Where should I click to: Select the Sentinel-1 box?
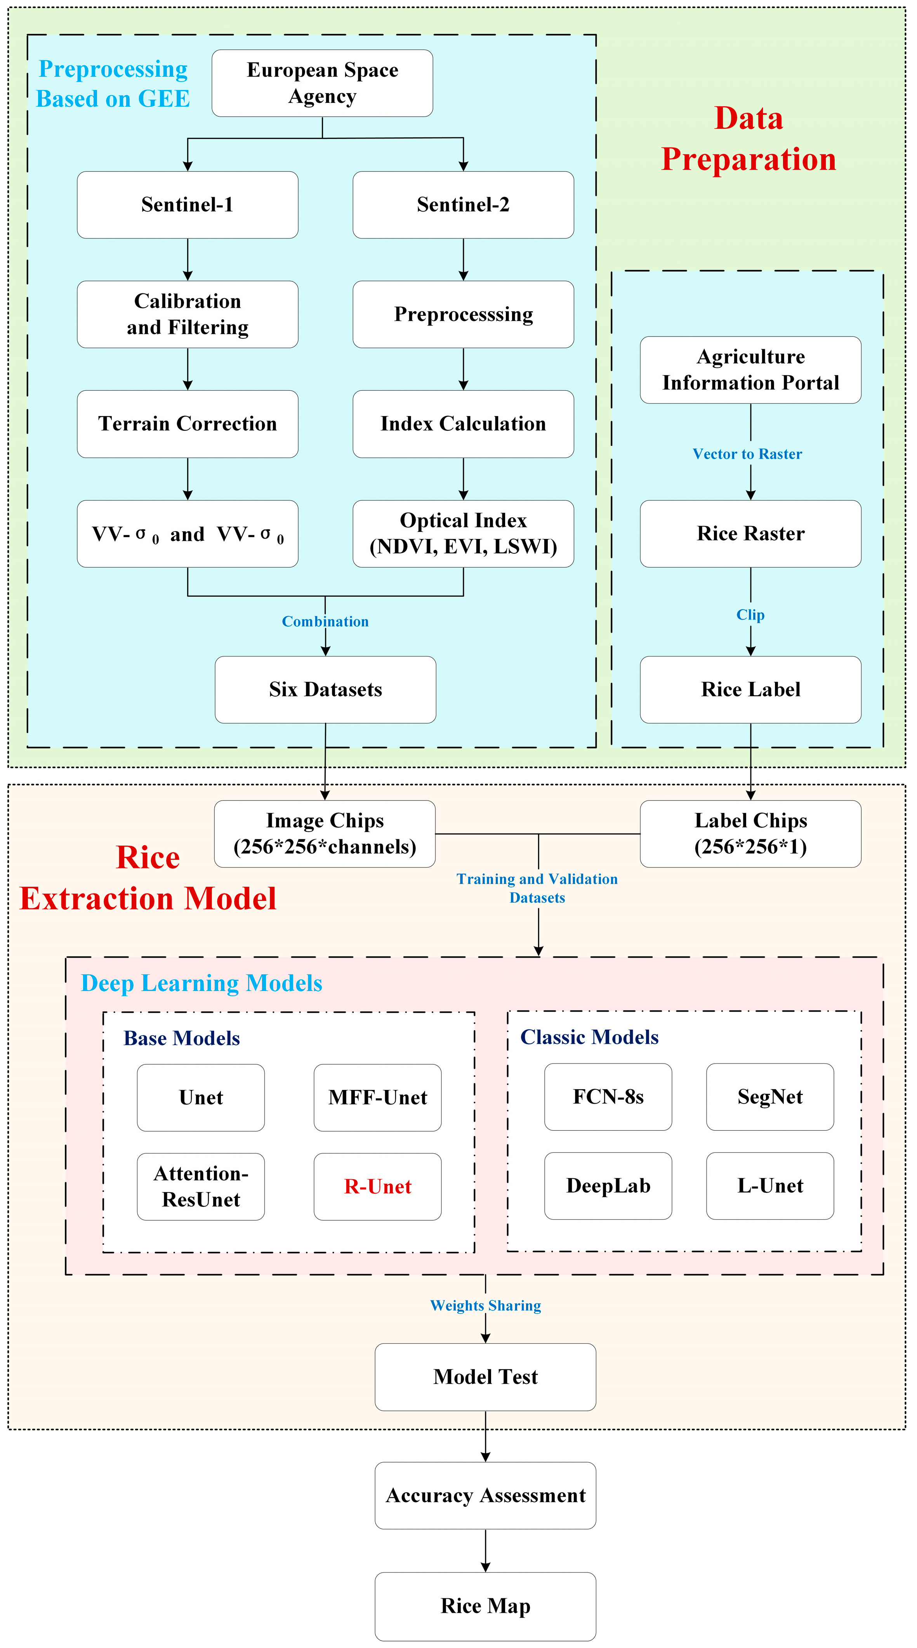(x=188, y=205)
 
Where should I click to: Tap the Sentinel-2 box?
(x=463, y=205)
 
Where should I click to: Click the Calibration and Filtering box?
(x=188, y=314)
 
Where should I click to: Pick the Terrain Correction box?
(x=188, y=423)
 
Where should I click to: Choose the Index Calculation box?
(x=463, y=423)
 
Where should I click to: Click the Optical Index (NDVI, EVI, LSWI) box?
(x=463, y=534)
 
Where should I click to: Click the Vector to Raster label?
(x=747, y=454)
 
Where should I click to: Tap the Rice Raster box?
(x=750, y=534)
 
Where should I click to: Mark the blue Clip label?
(x=750, y=615)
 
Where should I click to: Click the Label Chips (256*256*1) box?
(x=750, y=834)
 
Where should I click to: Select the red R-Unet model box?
(x=377, y=1187)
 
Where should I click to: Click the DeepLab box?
(x=608, y=1185)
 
